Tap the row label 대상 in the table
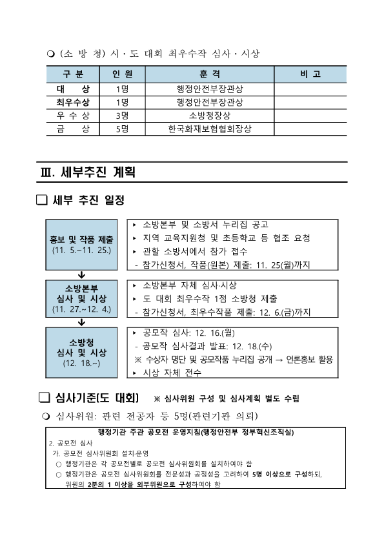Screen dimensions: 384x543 click(72, 88)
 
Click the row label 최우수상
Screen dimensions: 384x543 click(72, 102)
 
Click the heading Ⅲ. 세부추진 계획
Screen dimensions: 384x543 click(88, 172)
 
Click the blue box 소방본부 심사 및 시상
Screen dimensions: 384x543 click(81, 298)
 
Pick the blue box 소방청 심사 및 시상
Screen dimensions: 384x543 click(81, 352)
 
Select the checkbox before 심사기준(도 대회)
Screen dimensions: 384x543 click(44, 397)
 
